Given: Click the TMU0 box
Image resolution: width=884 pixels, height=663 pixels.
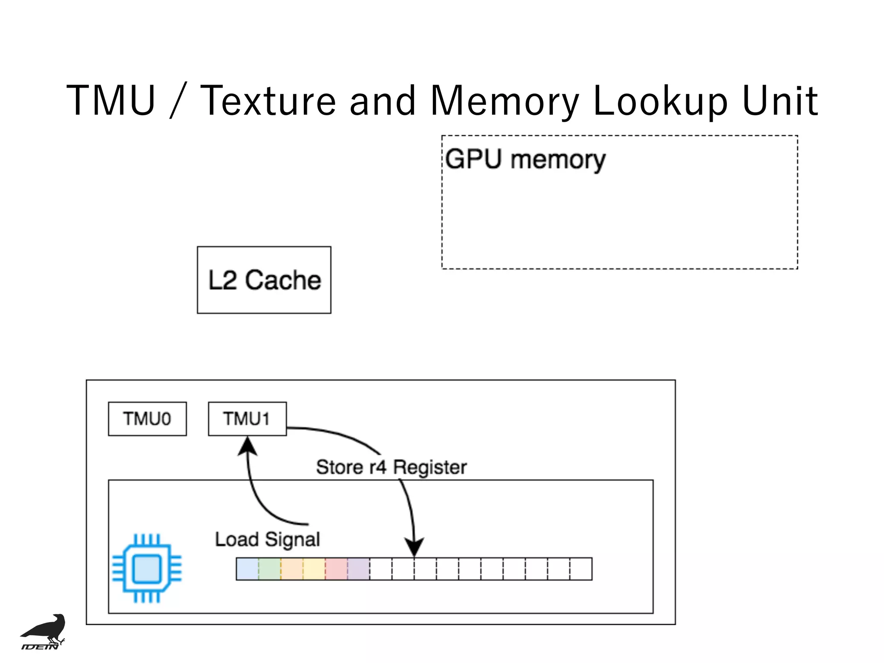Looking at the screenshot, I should click(x=147, y=419).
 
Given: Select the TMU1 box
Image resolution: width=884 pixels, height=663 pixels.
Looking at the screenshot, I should click(x=247, y=419).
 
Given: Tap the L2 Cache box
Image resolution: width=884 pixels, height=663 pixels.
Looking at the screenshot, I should click(x=264, y=280).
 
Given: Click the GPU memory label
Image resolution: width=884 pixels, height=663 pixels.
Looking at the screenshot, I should click(x=525, y=159).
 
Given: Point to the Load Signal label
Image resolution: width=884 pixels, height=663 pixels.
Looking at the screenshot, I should click(x=267, y=540).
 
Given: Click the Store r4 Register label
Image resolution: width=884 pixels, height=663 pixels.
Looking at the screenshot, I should click(x=391, y=467).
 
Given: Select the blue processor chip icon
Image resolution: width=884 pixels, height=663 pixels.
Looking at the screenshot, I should click(x=147, y=568).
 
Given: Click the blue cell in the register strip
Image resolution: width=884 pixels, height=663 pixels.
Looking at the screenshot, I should click(x=247, y=569).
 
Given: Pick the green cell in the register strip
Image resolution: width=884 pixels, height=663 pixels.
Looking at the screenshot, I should click(x=270, y=569).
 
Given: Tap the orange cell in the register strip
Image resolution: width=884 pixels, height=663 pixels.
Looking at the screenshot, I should click(x=292, y=569).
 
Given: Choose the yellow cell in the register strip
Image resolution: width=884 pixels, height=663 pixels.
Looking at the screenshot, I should click(x=314, y=569).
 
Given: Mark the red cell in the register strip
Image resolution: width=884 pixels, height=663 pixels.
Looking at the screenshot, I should click(x=336, y=569).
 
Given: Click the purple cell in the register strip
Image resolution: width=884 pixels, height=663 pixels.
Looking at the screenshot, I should click(x=359, y=569).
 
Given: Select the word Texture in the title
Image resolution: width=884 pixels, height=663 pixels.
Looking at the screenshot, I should click(x=268, y=101).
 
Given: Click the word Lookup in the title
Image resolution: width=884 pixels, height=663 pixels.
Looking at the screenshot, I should click(x=660, y=101).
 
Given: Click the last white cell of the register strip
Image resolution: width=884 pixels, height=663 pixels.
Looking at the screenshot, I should click(x=581, y=569).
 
